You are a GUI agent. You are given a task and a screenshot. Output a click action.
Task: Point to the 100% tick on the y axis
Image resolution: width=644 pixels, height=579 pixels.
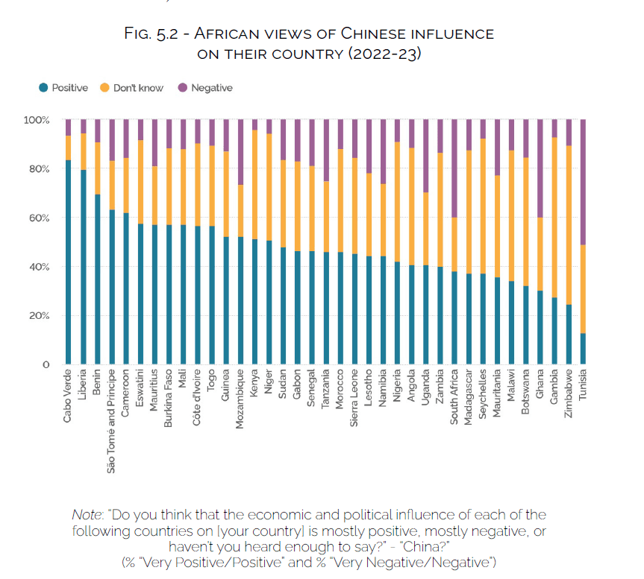(37, 120)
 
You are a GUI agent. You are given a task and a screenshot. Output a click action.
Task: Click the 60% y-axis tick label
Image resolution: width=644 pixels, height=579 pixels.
(39, 218)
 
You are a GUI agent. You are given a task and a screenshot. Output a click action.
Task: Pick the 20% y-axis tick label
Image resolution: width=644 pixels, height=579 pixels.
(39, 316)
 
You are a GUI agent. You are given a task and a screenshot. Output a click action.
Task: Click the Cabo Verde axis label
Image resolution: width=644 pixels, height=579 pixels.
(68, 395)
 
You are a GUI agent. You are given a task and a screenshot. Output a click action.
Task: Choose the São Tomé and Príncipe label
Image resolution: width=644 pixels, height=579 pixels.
(111, 420)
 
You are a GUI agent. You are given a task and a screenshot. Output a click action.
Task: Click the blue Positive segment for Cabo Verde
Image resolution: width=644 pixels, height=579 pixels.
(68, 261)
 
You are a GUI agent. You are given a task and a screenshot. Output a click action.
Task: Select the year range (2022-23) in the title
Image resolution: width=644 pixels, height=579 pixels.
(381, 54)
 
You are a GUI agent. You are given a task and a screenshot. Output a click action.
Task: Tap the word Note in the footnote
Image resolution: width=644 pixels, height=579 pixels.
(87, 515)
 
